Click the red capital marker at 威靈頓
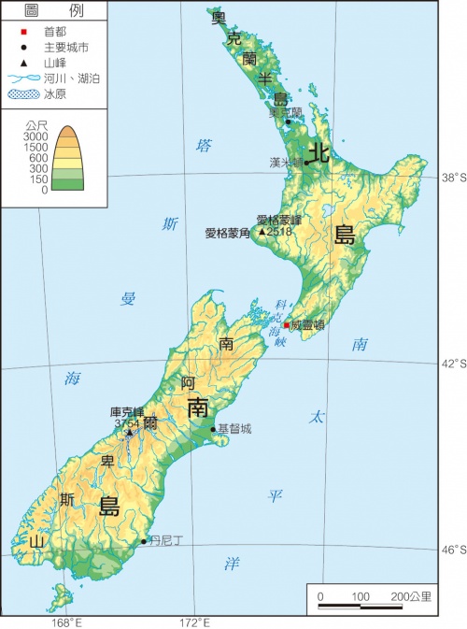(x=287, y=325)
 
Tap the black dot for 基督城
(x=213, y=430)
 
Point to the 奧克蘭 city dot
(x=288, y=122)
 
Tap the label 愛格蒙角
(x=228, y=233)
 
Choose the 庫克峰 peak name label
(x=127, y=411)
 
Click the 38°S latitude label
(x=453, y=177)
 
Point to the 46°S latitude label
(x=453, y=550)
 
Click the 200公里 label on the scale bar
(x=411, y=595)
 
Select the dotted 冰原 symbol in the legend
(x=21, y=94)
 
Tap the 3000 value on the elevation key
(x=36, y=136)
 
